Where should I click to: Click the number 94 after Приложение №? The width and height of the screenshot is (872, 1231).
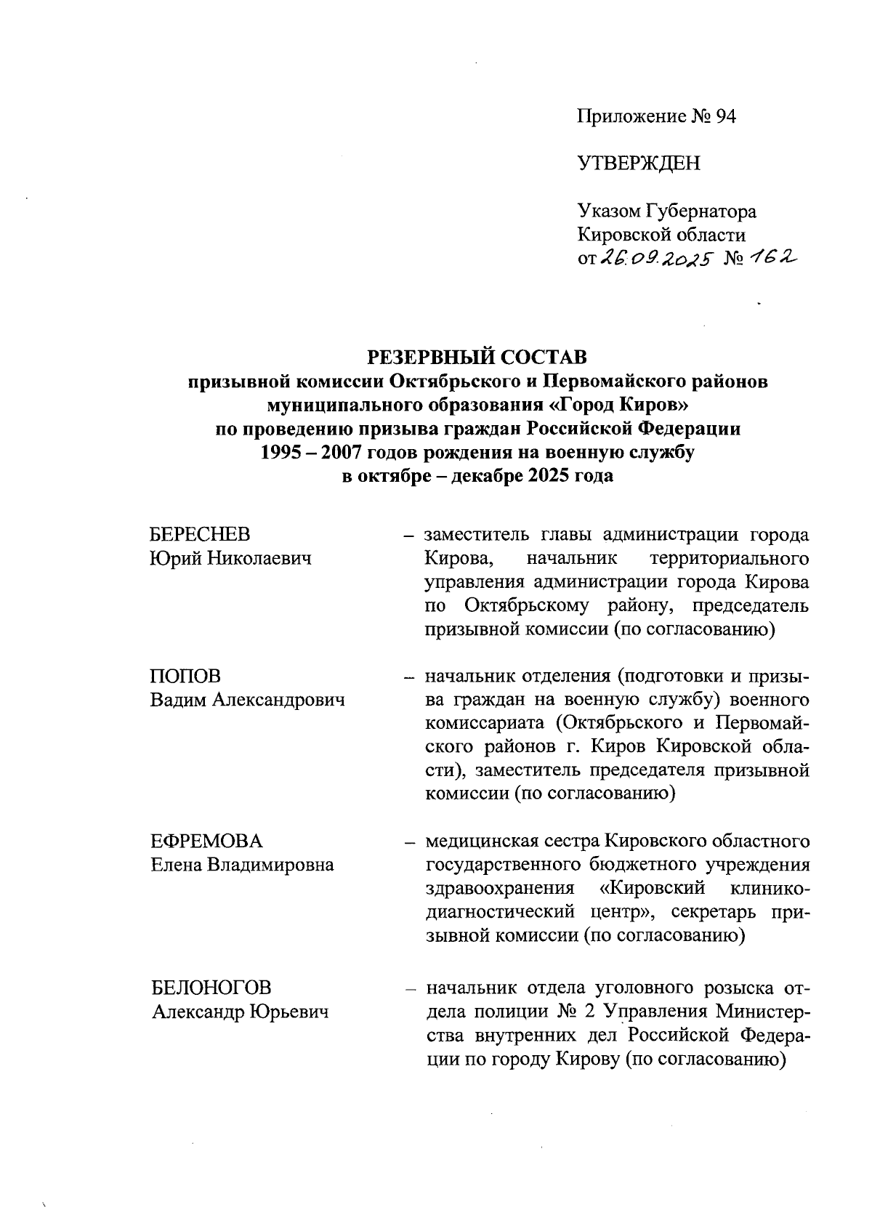[724, 116]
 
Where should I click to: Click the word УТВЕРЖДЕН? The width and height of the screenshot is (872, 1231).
[639, 164]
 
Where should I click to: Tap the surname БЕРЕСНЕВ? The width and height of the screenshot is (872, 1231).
[200, 535]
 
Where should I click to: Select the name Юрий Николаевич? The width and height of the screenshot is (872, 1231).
[230, 559]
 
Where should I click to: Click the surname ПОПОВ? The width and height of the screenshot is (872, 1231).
[185, 677]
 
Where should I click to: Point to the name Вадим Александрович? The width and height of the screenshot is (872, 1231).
[247, 700]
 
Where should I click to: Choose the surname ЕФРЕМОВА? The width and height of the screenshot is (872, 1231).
[207, 841]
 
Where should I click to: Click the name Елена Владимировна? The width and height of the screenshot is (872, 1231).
[242, 865]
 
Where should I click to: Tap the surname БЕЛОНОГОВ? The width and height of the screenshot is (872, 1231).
[211, 988]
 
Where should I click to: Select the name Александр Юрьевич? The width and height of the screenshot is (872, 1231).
[240, 1012]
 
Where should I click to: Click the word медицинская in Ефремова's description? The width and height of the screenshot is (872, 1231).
[482, 841]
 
